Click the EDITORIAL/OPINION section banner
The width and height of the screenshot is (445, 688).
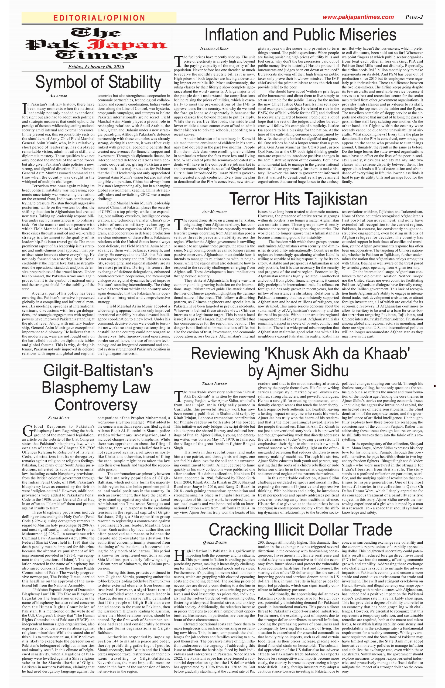(x=99, y=18)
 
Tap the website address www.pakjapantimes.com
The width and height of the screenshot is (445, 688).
(x=358, y=17)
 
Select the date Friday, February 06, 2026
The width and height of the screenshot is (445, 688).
(x=96, y=67)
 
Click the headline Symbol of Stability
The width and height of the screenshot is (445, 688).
(x=98, y=82)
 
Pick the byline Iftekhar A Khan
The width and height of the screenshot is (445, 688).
(x=214, y=48)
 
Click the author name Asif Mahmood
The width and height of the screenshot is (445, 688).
(x=214, y=212)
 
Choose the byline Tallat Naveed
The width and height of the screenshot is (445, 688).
(x=214, y=383)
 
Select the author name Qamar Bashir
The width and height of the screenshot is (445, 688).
(x=215, y=542)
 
